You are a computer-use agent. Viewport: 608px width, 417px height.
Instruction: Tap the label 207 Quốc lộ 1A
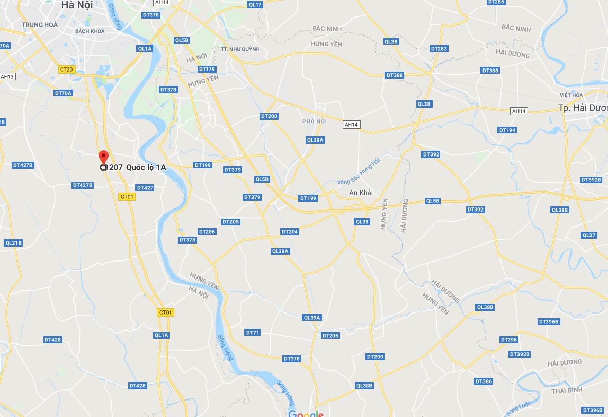point(137,167)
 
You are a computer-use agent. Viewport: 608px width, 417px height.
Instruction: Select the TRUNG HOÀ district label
point(40,25)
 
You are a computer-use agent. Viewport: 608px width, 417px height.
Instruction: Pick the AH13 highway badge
point(7,77)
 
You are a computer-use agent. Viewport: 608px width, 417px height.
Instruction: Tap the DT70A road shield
point(63,93)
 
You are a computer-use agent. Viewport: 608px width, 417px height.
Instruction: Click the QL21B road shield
point(13,242)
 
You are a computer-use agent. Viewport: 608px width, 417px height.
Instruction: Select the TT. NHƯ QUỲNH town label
point(240,49)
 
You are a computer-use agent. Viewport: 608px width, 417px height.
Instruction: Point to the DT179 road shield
point(207,69)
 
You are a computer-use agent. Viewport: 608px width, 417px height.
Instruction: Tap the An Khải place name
point(361,193)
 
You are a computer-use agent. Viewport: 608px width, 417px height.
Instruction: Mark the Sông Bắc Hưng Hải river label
point(359,171)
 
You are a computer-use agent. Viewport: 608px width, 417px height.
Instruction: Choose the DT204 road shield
point(290,232)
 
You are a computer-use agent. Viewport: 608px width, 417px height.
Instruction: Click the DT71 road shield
point(253,333)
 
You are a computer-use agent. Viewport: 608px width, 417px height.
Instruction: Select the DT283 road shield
point(439,49)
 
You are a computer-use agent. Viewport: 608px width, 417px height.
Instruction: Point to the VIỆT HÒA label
point(571,95)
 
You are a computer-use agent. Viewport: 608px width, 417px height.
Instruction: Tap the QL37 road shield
point(589,235)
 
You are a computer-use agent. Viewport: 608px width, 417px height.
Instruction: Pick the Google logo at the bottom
point(306,413)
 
